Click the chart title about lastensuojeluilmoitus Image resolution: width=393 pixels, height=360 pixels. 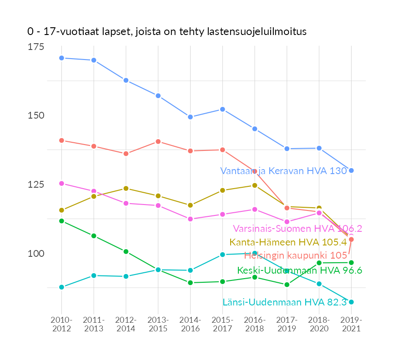click(166, 32)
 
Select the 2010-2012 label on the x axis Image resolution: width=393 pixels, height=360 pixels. click(61, 324)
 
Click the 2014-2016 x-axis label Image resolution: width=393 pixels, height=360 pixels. click(190, 324)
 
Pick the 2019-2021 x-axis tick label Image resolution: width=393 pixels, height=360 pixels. click(351, 324)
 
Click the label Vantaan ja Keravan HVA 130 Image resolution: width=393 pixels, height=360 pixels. click(283, 171)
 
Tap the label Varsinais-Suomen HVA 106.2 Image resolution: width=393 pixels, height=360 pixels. click(297, 228)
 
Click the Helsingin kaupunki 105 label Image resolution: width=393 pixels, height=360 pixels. click(296, 255)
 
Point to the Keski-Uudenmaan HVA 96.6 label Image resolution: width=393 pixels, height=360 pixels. click(299, 270)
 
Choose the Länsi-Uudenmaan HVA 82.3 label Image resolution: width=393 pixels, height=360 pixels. click(285, 302)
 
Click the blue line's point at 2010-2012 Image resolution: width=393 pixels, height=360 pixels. click(61, 58)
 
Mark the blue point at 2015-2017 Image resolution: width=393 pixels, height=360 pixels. click(222, 109)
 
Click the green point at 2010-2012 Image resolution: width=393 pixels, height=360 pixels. click(61, 221)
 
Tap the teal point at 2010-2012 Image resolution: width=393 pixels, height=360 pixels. click(61, 287)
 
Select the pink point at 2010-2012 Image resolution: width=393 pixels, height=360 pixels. click(61, 183)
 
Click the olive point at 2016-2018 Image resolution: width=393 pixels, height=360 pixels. click(255, 185)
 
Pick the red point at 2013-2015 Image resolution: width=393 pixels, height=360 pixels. click(158, 141)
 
